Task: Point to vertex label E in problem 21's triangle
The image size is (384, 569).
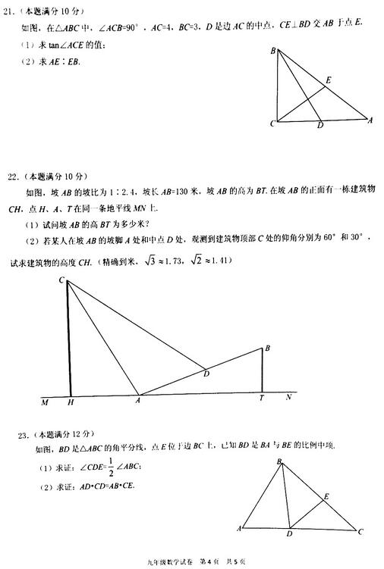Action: (x=328, y=79)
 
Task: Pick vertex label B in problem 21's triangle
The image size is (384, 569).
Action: (x=273, y=51)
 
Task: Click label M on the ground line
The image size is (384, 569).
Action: (x=45, y=402)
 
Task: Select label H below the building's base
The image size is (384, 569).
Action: (x=70, y=402)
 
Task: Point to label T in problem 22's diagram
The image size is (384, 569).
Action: (x=261, y=399)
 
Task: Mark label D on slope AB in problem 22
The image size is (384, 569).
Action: (x=206, y=373)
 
